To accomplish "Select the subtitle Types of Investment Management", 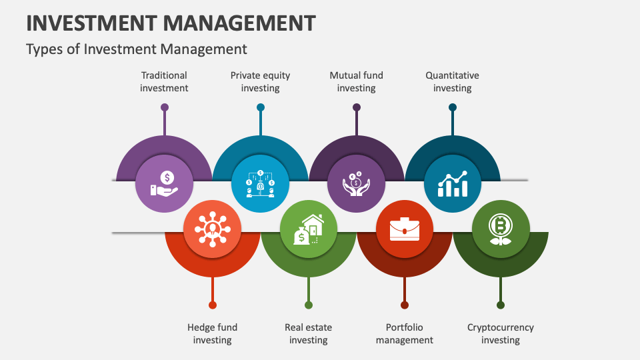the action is [136, 49].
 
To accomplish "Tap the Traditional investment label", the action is [164, 81].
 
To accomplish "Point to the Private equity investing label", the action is [261, 81].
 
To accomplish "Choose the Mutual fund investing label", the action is [356, 81].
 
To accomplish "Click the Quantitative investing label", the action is [452, 81].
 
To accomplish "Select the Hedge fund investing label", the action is [212, 333].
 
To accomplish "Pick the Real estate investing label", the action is [308, 333].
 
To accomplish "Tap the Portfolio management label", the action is [405, 333].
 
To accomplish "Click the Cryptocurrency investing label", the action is [501, 333].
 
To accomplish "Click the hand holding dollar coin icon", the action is [164, 184].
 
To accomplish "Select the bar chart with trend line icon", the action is [453, 184].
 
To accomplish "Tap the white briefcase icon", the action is [405, 229].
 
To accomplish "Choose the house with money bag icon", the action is [309, 229].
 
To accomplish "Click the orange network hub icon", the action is [212, 229].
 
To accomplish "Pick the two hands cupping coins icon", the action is [356, 184].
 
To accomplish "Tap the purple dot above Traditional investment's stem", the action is [165, 107].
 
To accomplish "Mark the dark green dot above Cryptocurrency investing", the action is [501, 305].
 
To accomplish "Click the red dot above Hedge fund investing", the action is [212, 305].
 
